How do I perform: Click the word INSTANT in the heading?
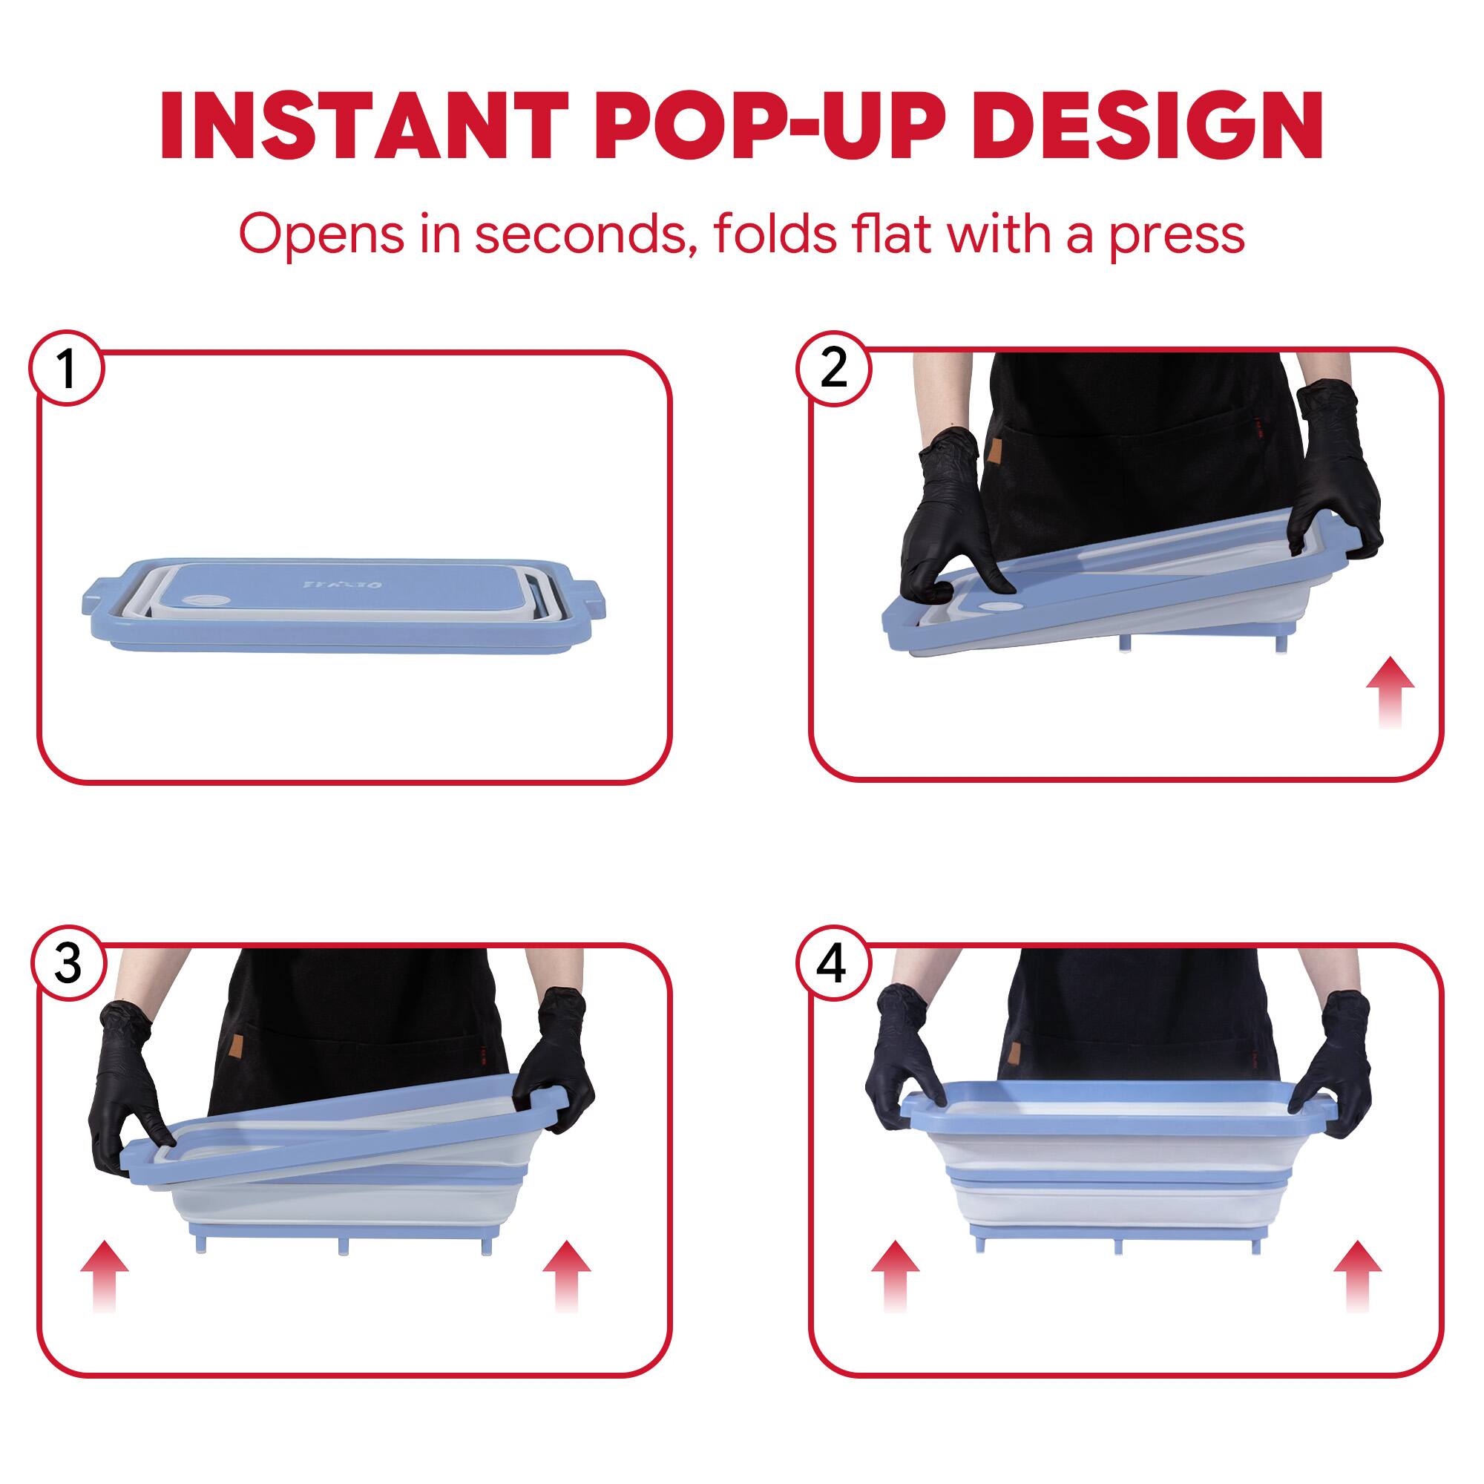click(x=364, y=127)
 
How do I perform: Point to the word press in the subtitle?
click(x=1175, y=235)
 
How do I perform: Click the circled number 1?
click(x=67, y=369)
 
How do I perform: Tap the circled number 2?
click(x=833, y=369)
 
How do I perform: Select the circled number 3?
click(x=68, y=964)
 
